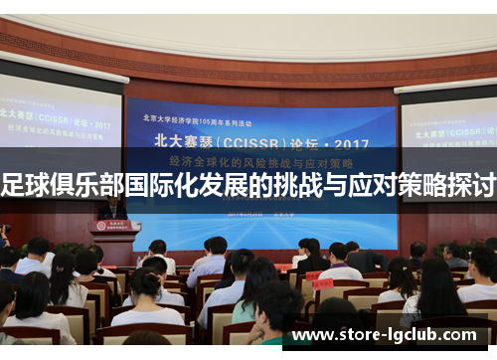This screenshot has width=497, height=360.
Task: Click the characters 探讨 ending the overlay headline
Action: click(473, 184)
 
